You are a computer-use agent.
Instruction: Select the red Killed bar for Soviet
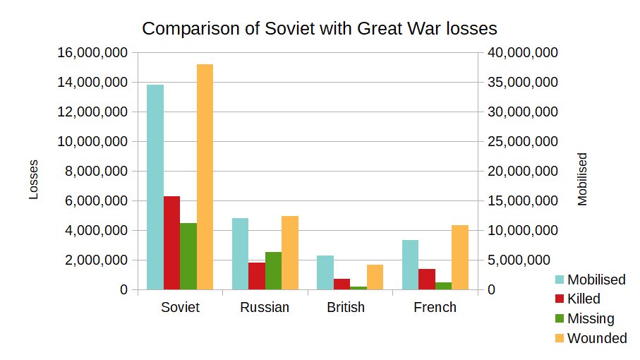(171, 243)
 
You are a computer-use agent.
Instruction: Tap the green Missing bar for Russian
(273, 270)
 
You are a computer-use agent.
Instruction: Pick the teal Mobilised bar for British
(325, 272)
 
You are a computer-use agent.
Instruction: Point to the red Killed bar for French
(426, 279)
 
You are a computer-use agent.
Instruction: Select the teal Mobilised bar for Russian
(240, 253)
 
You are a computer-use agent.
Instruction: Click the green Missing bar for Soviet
(188, 256)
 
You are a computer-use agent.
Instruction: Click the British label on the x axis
(346, 308)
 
